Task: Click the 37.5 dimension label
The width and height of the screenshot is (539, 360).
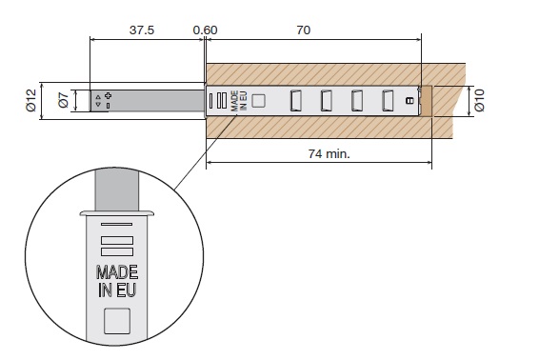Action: pyautogui.click(x=142, y=30)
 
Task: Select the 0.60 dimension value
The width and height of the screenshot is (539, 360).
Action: pyautogui.click(x=205, y=30)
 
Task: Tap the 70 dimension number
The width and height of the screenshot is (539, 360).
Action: pyautogui.click(x=304, y=30)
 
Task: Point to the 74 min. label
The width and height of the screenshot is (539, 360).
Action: pyautogui.click(x=329, y=153)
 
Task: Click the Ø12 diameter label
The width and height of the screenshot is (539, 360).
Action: pyautogui.click(x=30, y=100)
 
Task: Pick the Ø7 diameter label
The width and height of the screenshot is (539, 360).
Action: pyautogui.click(x=64, y=100)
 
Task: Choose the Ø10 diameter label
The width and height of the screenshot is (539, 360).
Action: pyautogui.click(x=479, y=100)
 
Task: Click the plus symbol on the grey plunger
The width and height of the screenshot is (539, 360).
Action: pyautogui.click(x=108, y=95)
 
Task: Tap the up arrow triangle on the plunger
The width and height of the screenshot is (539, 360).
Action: pyautogui.click(x=98, y=97)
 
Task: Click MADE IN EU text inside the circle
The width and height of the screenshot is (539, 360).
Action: pyautogui.click(x=117, y=281)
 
